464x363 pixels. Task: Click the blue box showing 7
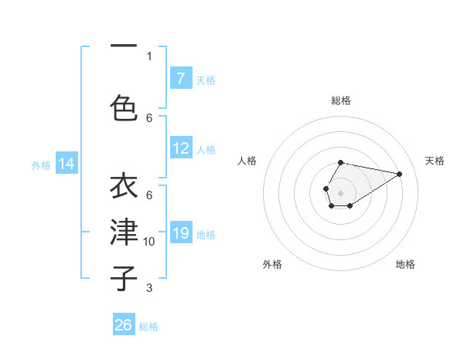180,79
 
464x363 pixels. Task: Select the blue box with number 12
180,149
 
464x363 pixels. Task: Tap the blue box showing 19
180,234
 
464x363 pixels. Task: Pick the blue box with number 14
67,164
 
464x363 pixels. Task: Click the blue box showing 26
124,325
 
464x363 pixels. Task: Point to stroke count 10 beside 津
149,242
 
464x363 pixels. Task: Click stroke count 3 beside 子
149,288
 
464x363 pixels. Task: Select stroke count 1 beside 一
149,56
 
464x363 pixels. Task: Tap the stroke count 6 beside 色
149,117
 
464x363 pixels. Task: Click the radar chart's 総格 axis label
340,101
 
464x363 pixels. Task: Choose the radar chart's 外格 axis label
272,264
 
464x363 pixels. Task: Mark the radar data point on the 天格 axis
400,173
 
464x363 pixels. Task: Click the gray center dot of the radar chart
340,192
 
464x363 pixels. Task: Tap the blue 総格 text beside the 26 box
148,327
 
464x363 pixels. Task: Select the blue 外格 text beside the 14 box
41,165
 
